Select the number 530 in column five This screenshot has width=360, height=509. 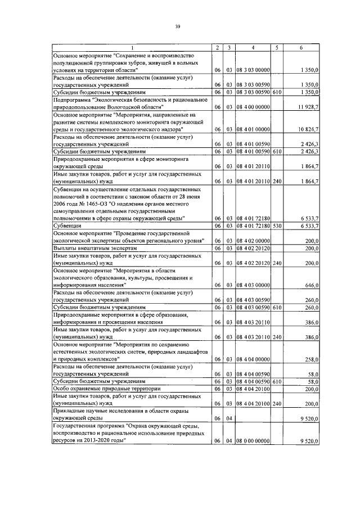coord(277,226)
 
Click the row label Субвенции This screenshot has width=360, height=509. coord(68,226)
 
